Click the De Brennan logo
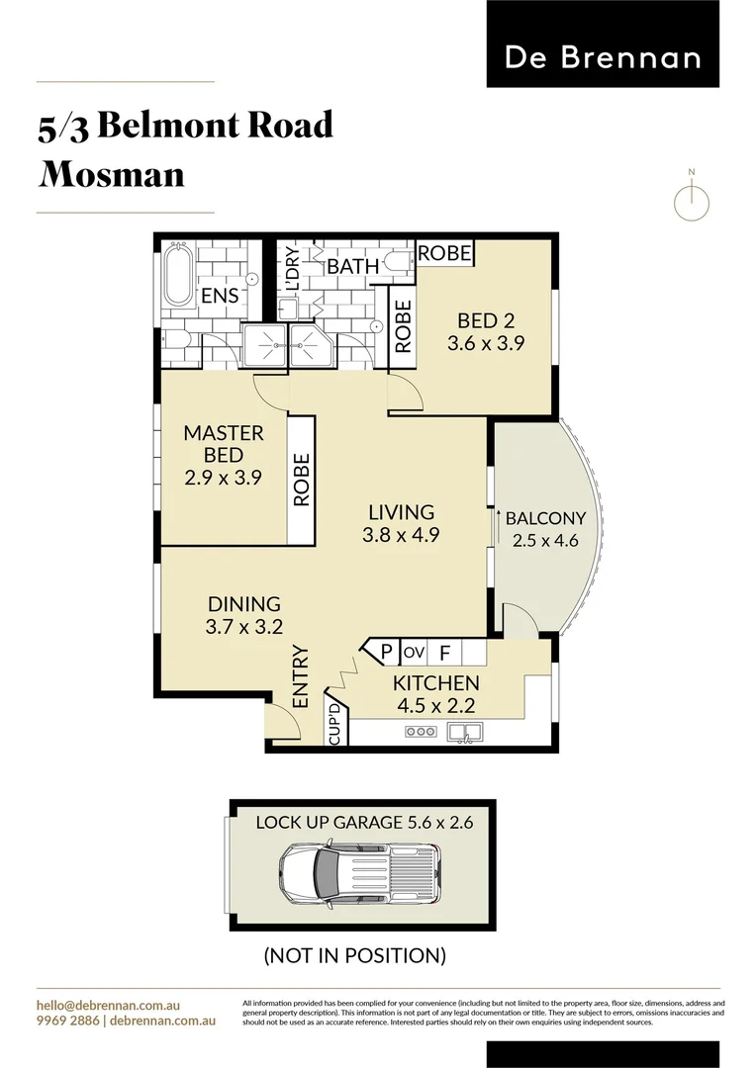click(x=603, y=56)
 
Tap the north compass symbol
click(x=692, y=201)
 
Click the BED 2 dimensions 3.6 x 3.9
click(x=485, y=343)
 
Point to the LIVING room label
click(x=401, y=512)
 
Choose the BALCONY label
click(x=545, y=518)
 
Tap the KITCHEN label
click(x=435, y=683)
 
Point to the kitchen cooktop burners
click(x=421, y=733)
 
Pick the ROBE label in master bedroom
click(x=302, y=480)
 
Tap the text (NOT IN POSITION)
click(x=353, y=955)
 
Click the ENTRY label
click(x=301, y=676)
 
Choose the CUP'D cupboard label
click(x=335, y=724)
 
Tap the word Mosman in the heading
click(x=112, y=174)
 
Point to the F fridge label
click(x=444, y=653)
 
